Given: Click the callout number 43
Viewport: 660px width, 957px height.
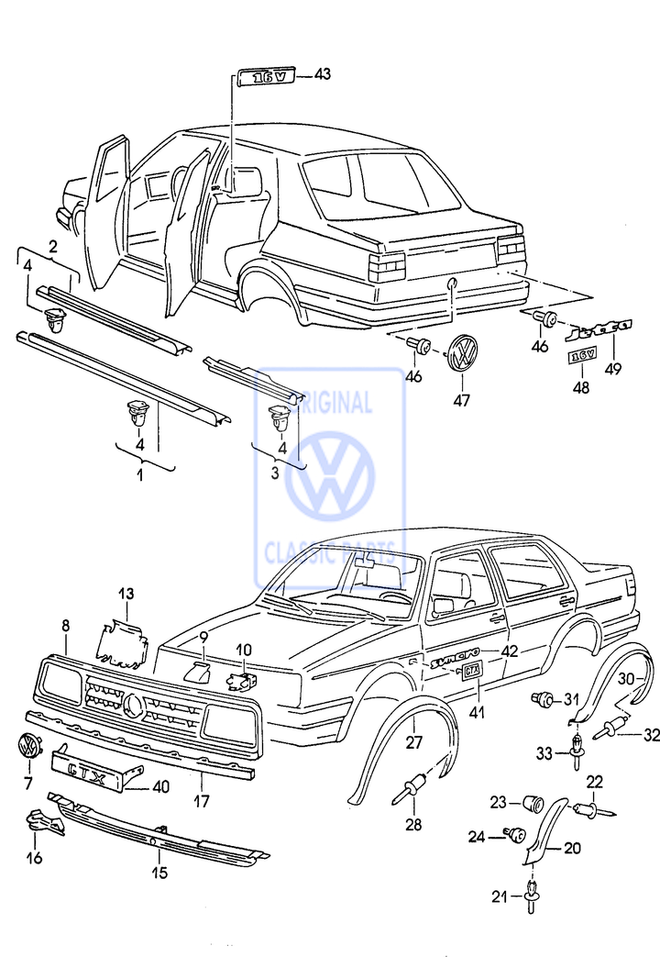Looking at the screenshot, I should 322,75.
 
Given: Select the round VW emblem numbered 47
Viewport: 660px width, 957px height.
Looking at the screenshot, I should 465,351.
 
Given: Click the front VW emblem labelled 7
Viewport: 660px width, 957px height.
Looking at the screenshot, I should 29,746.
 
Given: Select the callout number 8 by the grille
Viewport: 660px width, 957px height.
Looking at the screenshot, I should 65,626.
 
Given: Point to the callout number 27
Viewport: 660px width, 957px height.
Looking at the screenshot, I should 413,742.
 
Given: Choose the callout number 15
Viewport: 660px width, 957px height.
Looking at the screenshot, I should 159,873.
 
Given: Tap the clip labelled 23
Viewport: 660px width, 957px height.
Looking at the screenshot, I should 531,804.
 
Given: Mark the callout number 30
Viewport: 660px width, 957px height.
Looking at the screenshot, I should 624,678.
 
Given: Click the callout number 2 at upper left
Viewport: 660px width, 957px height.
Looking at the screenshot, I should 53,246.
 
